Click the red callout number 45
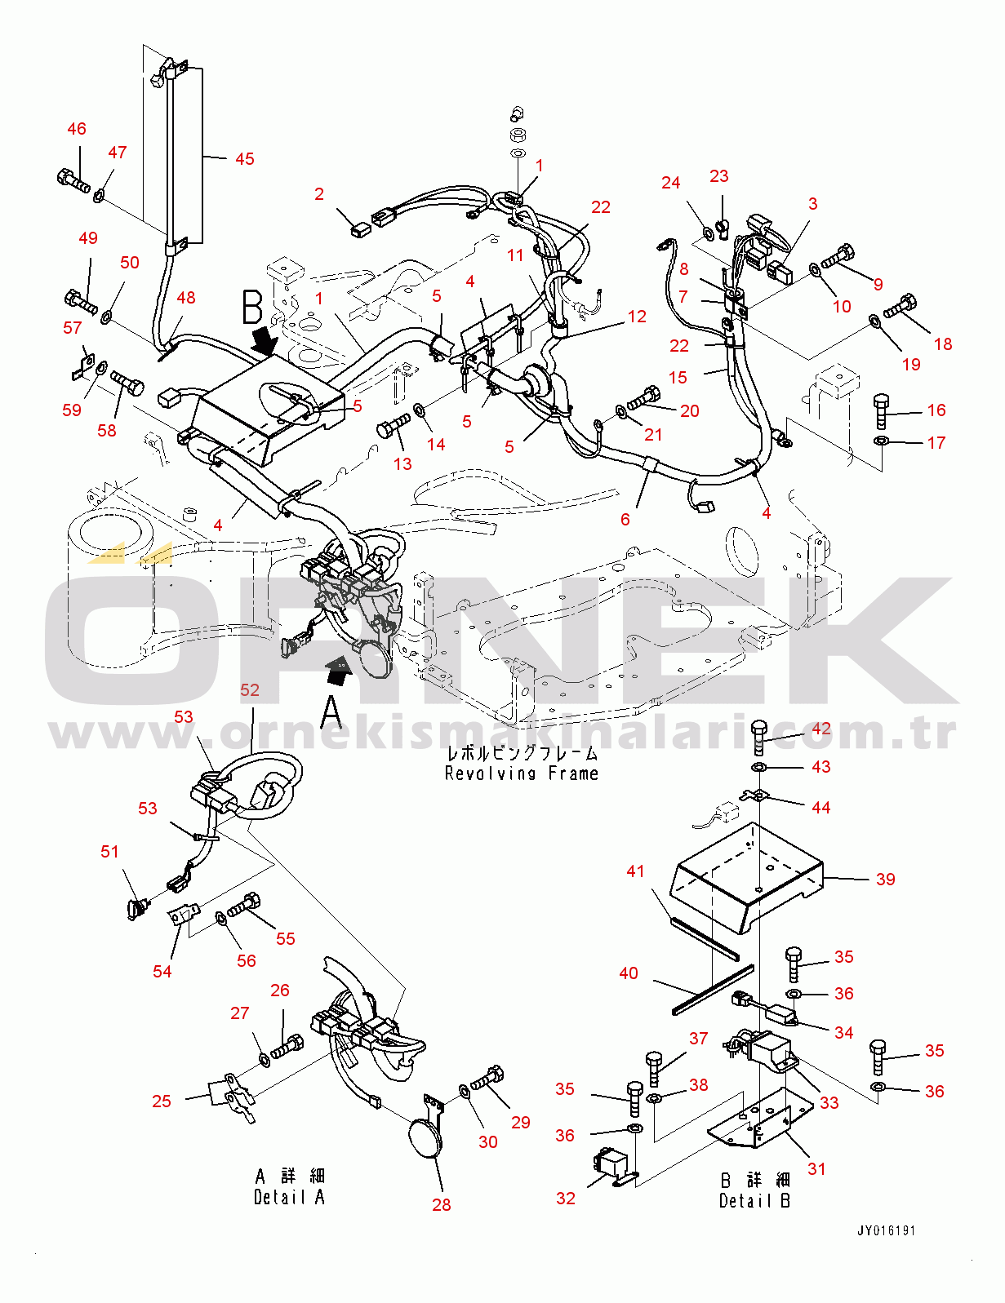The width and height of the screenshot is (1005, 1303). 244,159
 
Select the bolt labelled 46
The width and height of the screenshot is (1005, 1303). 73,179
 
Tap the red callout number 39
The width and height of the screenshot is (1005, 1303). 885,880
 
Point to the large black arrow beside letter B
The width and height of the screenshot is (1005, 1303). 265,340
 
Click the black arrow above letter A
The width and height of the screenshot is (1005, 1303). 336,671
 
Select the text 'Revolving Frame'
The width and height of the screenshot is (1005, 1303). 521,773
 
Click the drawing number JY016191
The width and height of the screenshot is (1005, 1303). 886,1230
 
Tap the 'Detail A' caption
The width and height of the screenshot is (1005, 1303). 289,1197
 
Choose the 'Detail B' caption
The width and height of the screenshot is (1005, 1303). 754,1200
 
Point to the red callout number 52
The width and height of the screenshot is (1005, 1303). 250,690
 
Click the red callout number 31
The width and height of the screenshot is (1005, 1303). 816,1168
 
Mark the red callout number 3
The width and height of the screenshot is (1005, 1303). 812,204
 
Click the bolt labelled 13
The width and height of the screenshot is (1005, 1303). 394,427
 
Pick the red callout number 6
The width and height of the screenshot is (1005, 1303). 625,520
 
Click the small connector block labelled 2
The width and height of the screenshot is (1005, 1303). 359,230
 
